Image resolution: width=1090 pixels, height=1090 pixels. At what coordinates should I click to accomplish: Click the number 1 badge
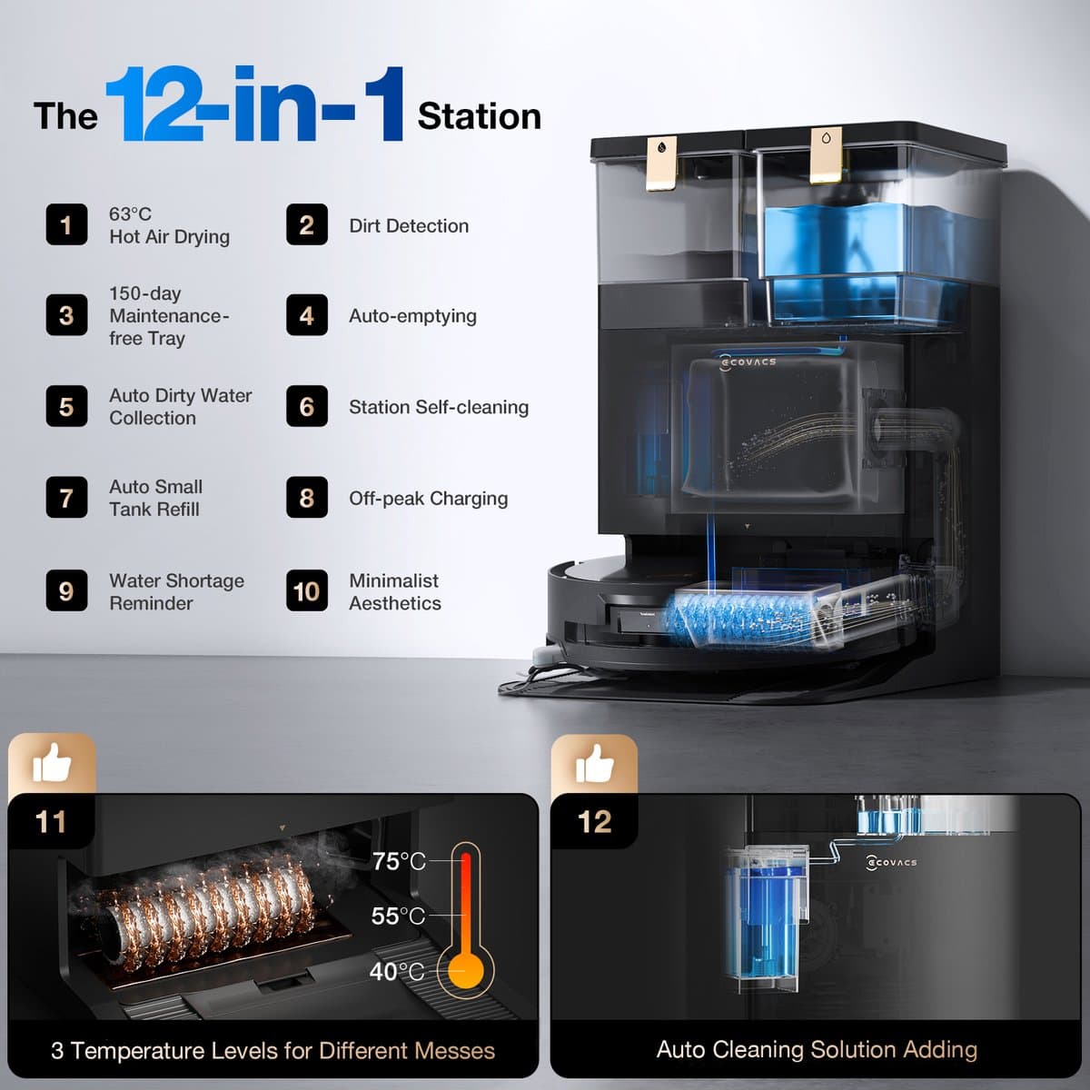[x=66, y=224]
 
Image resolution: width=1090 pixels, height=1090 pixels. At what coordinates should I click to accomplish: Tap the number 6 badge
[x=307, y=406]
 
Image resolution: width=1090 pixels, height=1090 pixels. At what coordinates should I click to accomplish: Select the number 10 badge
[x=307, y=590]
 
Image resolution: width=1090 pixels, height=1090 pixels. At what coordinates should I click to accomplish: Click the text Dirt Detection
[x=409, y=225]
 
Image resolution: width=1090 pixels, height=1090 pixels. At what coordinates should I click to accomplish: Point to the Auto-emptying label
[x=413, y=316]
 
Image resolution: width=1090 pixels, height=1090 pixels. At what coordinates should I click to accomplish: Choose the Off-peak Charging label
[x=428, y=499]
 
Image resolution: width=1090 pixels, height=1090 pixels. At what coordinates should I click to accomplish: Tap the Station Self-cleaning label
[x=439, y=407]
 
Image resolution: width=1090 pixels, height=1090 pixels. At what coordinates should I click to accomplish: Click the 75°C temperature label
[x=399, y=861]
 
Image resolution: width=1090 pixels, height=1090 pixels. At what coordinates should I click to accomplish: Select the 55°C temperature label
[x=398, y=916]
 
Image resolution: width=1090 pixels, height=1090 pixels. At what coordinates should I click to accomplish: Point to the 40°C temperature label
[x=397, y=971]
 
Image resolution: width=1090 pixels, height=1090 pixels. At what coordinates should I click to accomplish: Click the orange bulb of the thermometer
[x=466, y=971]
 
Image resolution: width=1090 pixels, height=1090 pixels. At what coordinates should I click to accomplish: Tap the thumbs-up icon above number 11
[x=52, y=763]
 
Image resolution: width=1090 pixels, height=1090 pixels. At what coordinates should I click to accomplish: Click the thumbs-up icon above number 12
[x=594, y=764]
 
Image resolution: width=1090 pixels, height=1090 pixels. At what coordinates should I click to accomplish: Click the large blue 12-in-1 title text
[x=255, y=104]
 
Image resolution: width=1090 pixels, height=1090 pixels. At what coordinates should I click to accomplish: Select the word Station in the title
[x=479, y=116]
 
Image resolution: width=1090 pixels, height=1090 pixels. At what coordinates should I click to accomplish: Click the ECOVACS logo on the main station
[x=748, y=362]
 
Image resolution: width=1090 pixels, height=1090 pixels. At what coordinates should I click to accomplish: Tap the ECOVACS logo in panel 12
[x=891, y=863]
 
